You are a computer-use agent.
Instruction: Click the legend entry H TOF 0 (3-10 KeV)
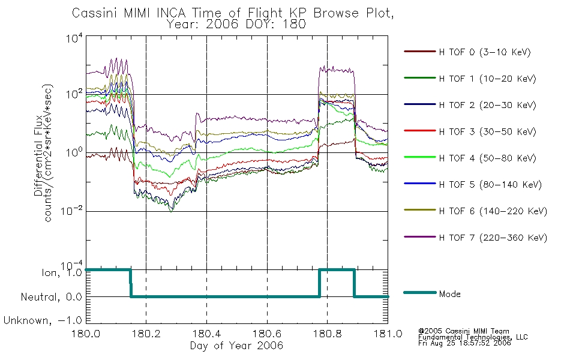(x=485, y=52)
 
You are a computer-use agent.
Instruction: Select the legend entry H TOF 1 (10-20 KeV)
(x=487, y=79)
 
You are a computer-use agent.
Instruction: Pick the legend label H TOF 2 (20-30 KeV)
(x=487, y=105)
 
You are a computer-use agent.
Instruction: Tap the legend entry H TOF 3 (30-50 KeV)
(x=487, y=131)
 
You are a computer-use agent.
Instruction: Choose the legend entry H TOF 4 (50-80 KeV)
(x=487, y=158)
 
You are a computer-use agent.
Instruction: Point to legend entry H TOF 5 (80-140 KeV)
(x=490, y=185)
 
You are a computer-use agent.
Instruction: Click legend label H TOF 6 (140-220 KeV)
(x=493, y=211)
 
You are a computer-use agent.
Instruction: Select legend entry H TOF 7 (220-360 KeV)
(x=493, y=238)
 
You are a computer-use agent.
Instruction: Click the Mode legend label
(x=449, y=294)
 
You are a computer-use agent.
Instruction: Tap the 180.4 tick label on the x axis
(x=206, y=334)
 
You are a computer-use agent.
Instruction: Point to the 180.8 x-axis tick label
(x=327, y=334)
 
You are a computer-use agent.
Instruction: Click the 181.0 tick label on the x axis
(x=388, y=334)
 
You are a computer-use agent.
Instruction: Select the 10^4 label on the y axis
(x=75, y=38)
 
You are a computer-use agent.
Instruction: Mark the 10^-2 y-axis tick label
(x=73, y=211)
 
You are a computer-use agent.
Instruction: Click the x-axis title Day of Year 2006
(x=236, y=346)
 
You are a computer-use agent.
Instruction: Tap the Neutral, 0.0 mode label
(x=51, y=297)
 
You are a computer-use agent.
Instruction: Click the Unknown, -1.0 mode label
(x=43, y=320)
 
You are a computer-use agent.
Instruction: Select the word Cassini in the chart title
(x=95, y=13)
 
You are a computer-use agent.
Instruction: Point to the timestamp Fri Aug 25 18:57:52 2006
(x=464, y=343)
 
